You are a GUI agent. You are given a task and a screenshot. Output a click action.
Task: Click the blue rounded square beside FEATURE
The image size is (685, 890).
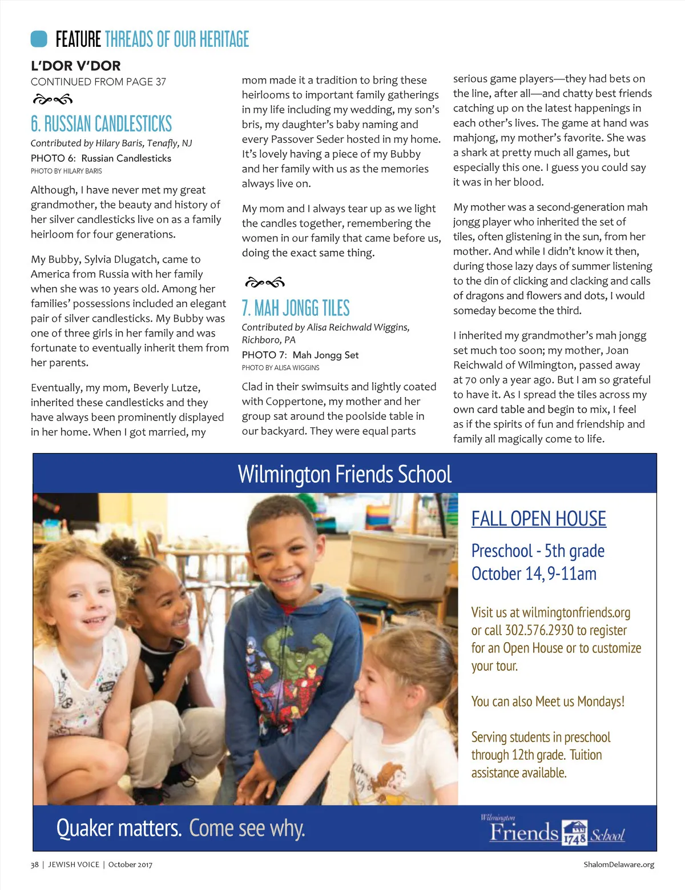click(39, 39)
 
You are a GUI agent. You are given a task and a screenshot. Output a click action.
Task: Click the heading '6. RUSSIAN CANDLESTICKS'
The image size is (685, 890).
click(101, 124)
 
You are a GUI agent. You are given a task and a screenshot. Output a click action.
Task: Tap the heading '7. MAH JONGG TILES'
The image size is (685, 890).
click(296, 308)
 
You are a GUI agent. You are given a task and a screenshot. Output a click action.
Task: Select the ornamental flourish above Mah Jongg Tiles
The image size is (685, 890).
click(264, 282)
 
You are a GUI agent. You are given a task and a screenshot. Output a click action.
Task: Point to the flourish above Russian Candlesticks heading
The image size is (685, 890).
click(53, 100)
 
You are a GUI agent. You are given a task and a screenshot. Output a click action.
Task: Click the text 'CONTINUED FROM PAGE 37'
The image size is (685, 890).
click(98, 82)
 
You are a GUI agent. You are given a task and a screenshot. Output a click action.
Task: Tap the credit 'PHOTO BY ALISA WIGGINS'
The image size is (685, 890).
click(280, 368)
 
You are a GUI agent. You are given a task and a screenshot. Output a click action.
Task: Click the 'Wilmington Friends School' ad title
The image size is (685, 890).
click(344, 474)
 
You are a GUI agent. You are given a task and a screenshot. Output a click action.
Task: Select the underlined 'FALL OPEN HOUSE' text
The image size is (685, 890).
click(538, 519)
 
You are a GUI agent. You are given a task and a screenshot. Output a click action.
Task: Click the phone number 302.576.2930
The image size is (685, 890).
click(539, 630)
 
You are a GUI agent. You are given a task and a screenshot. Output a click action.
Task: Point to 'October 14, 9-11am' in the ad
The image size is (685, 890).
click(534, 574)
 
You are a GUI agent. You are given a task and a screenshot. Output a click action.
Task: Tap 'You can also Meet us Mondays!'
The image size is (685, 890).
click(547, 701)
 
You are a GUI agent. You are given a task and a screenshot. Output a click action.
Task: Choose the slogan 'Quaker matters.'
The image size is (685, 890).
click(119, 828)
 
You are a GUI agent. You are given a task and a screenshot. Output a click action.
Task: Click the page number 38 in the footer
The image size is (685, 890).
click(35, 864)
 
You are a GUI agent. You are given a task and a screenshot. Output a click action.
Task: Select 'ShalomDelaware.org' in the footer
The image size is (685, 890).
click(618, 864)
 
